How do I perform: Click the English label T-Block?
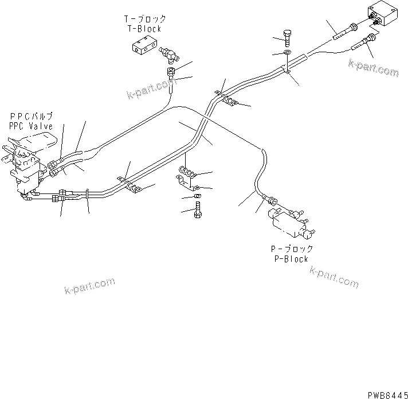pos(144,28)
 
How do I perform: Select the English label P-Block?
pos(291,258)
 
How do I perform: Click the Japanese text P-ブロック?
pos(291,249)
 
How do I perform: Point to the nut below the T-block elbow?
pos(171,73)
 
